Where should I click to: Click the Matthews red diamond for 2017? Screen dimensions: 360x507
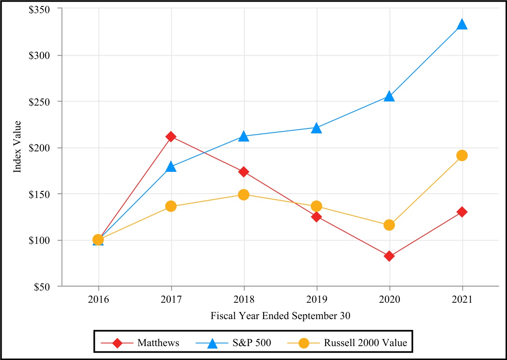click(171, 136)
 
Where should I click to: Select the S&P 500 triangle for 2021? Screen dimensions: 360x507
click(462, 25)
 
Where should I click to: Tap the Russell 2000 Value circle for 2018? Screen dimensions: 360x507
click(244, 194)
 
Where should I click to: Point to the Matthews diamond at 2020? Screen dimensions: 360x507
click(389, 256)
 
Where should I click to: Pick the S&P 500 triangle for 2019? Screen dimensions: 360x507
click(316, 128)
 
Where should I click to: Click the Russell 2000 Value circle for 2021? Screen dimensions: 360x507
click(462, 155)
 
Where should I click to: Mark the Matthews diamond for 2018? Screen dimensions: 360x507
click(244, 172)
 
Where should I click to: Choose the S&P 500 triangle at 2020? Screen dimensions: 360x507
click(389, 97)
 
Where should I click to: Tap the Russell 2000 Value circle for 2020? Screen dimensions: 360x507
click(389, 225)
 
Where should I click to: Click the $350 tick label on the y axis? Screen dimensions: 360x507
click(40, 9)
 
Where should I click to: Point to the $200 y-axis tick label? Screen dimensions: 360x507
click(40, 148)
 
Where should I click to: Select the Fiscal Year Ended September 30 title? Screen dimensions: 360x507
click(280, 315)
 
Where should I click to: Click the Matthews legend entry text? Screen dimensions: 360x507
click(158, 342)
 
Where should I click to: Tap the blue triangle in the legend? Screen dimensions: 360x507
click(212, 342)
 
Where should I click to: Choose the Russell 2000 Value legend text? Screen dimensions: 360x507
click(366, 342)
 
